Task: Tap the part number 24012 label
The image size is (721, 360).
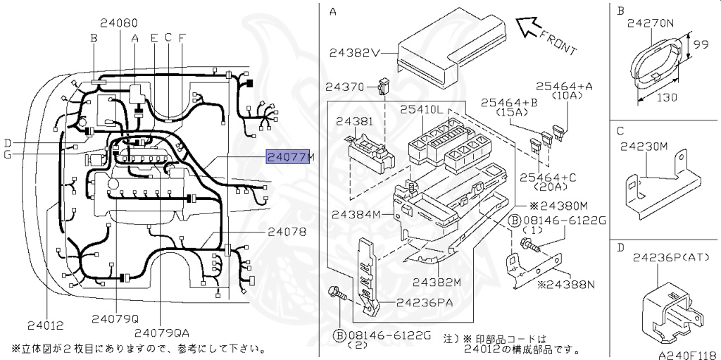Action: click(x=45, y=325)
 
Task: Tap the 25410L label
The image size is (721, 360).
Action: click(x=422, y=110)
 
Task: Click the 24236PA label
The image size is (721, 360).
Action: click(x=426, y=303)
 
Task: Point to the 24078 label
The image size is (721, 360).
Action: click(x=287, y=231)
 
